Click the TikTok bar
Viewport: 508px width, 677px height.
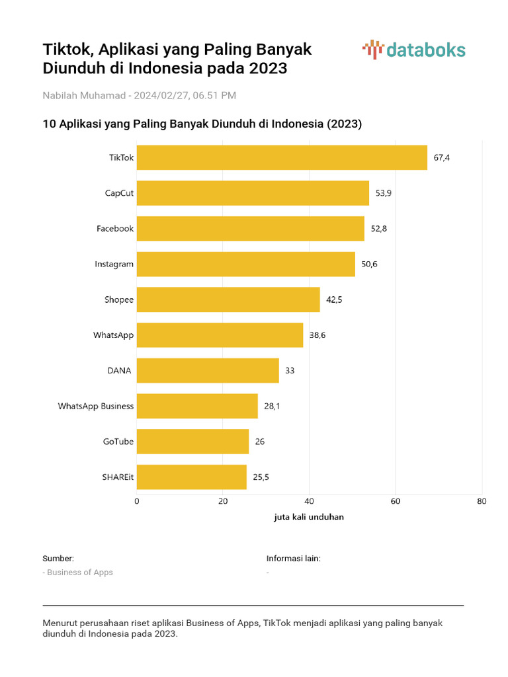tap(282, 157)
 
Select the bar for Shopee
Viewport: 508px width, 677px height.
tap(228, 299)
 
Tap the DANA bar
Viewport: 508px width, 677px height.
tap(208, 370)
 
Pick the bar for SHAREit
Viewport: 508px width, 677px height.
tap(191, 477)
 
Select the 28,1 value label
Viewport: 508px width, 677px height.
tap(272, 406)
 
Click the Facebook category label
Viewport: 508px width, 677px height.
tap(115, 229)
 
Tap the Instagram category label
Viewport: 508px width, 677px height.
tap(114, 264)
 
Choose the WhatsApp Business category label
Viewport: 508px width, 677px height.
tap(96, 406)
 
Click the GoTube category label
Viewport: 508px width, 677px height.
tap(118, 442)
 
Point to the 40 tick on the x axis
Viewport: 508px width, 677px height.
tap(309, 501)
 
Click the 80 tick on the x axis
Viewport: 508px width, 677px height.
tap(481, 501)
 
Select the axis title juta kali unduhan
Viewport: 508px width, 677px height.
tap(309, 517)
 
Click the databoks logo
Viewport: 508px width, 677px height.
tap(414, 50)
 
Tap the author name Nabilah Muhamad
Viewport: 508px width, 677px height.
tap(84, 95)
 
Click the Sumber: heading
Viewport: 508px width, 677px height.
tap(58, 558)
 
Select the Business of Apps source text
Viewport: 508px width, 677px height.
tap(79, 573)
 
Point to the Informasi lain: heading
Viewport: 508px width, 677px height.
tap(293, 558)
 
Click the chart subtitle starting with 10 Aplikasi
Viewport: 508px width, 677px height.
tap(202, 124)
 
